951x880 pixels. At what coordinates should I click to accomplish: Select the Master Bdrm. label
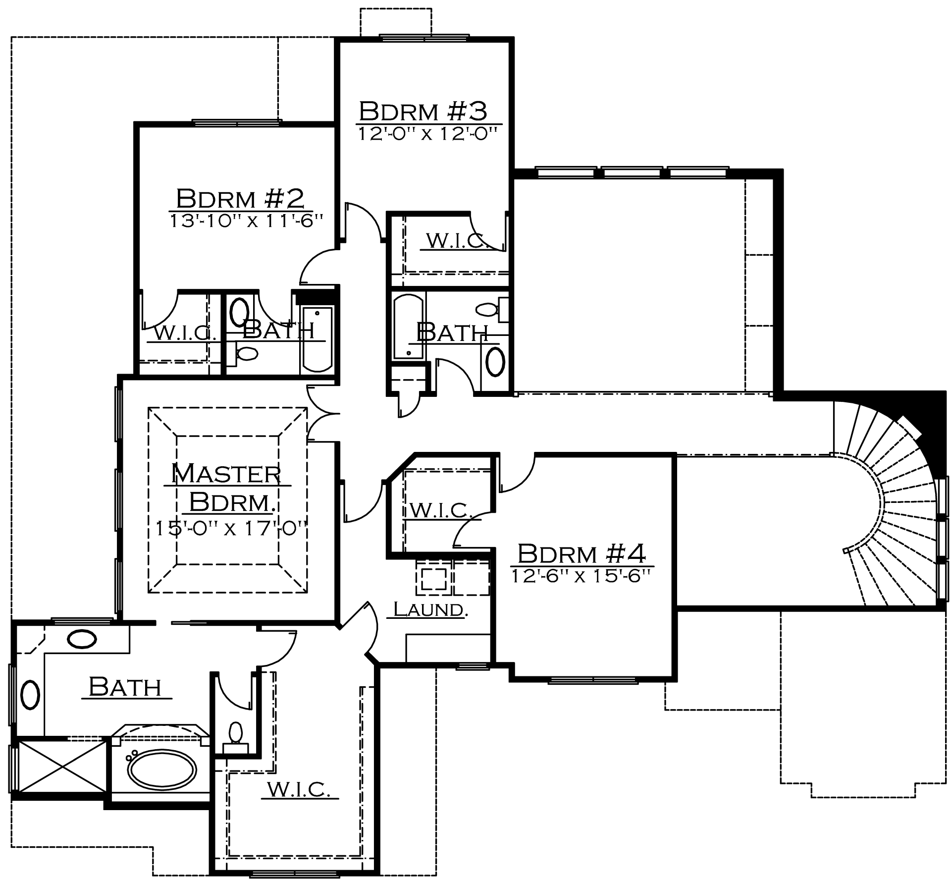[227, 488]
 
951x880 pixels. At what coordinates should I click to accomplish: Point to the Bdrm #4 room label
[581, 554]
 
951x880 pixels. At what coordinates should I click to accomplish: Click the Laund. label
[430, 609]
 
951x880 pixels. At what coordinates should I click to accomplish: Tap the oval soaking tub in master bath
[162, 770]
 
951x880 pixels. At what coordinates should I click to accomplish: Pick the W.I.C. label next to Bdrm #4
[440, 510]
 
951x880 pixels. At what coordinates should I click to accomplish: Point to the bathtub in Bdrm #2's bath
[317, 339]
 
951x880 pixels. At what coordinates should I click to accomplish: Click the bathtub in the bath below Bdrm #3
[409, 327]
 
